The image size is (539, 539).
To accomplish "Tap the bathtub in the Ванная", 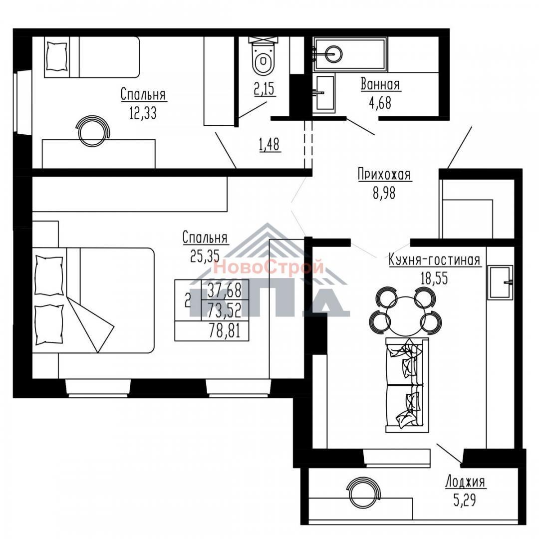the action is click(350, 54).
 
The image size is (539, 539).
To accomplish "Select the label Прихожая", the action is click(384, 174).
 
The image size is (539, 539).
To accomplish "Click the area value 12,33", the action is click(143, 112).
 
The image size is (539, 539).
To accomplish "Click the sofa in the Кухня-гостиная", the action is click(407, 385).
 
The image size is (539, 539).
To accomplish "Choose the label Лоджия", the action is click(465, 482).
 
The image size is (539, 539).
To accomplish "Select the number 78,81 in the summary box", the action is click(224, 331).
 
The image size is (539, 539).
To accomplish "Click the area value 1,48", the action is click(269, 145).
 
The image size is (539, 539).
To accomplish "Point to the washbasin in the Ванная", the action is click(324, 93).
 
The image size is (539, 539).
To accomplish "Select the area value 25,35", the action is click(205, 256).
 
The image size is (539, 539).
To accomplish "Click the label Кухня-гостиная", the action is click(434, 260).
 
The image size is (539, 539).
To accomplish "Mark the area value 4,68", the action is click(380, 103).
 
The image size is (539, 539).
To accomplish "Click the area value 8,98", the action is click(384, 193).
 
